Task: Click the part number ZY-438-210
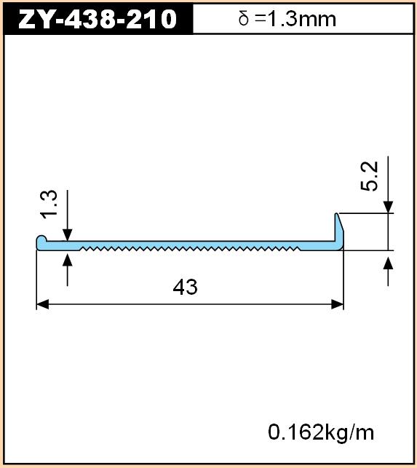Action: tap(98, 19)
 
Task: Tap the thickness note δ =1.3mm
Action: tap(287, 19)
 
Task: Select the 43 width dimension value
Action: tap(185, 287)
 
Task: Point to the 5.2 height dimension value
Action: tap(369, 176)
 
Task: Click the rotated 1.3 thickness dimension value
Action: tap(49, 205)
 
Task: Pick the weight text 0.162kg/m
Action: tap(321, 432)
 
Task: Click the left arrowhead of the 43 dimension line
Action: tap(42, 305)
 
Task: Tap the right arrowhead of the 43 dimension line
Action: tap(338, 305)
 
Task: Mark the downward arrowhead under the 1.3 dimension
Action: tap(68, 234)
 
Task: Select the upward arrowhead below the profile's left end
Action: tap(68, 260)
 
